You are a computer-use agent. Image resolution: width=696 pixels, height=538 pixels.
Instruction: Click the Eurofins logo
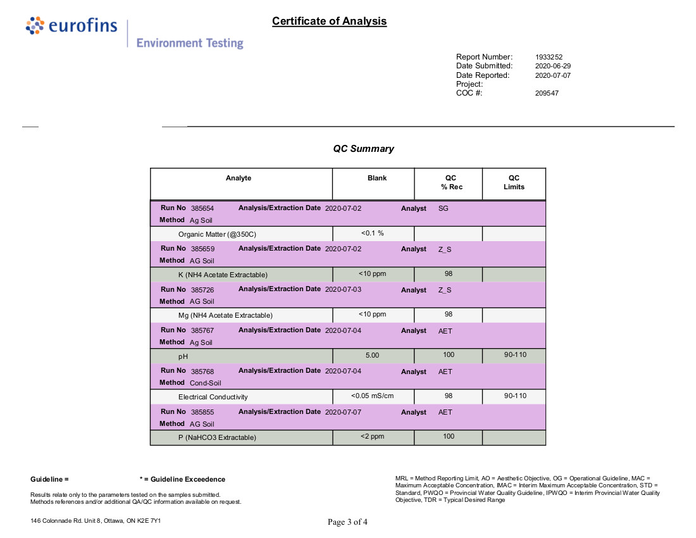coord(71,26)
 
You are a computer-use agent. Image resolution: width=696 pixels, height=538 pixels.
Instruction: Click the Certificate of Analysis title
coord(329,22)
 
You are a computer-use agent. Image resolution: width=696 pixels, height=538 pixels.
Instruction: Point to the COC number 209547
coord(547,93)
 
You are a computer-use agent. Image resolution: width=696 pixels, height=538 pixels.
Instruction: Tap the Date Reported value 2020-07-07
coord(553,75)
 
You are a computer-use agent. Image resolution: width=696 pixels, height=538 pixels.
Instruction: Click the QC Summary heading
coord(363,149)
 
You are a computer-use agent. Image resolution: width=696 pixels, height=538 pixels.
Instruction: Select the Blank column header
coord(377,178)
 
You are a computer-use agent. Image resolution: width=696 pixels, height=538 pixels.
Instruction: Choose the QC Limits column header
coord(514,182)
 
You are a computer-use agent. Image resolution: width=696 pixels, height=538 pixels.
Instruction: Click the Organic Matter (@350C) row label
coord(217,234)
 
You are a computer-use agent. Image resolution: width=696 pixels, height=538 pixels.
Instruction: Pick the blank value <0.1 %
coord(372,233)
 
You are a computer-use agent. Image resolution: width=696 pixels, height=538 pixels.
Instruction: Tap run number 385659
coord(202,249)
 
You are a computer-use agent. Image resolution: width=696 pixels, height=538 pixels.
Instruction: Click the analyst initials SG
coord(444,208)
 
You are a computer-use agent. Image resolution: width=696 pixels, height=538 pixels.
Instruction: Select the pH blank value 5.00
coord(372,356)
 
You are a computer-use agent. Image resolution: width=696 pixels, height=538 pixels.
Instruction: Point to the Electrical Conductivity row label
coord(213,397)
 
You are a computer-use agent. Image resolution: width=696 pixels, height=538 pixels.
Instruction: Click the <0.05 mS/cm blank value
coord(372,396)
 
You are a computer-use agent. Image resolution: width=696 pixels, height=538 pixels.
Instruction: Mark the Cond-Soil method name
coord(206,383)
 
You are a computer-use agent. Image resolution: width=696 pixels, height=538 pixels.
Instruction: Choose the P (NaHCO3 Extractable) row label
coord(217,437)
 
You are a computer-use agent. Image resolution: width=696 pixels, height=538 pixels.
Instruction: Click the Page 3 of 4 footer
coord(347,522)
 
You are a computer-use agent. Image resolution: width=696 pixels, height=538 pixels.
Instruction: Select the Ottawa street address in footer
coord(96,521)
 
